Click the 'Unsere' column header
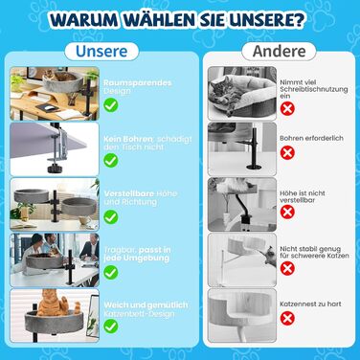(x=101, y=51)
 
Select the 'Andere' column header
(x=279, y=51)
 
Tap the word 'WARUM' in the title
(x=84, y=20)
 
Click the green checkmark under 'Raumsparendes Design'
(x=111, y=105)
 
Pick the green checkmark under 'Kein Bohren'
(x=111, y=160)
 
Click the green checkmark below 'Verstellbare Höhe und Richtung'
(x=111, y=216)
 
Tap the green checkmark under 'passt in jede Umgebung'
(x=111, y=272)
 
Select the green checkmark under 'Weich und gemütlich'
(x=111, y=326)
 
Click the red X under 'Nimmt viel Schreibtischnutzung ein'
(x=287, y=108)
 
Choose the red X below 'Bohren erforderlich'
(x=287, y=152)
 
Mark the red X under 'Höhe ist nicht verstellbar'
(x=287, y=212)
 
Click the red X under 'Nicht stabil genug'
(x=287, y=268)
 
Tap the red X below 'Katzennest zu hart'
(x=287, y=318)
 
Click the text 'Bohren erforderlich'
(x=311, y=138)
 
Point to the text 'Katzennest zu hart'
(x=310, y=304)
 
